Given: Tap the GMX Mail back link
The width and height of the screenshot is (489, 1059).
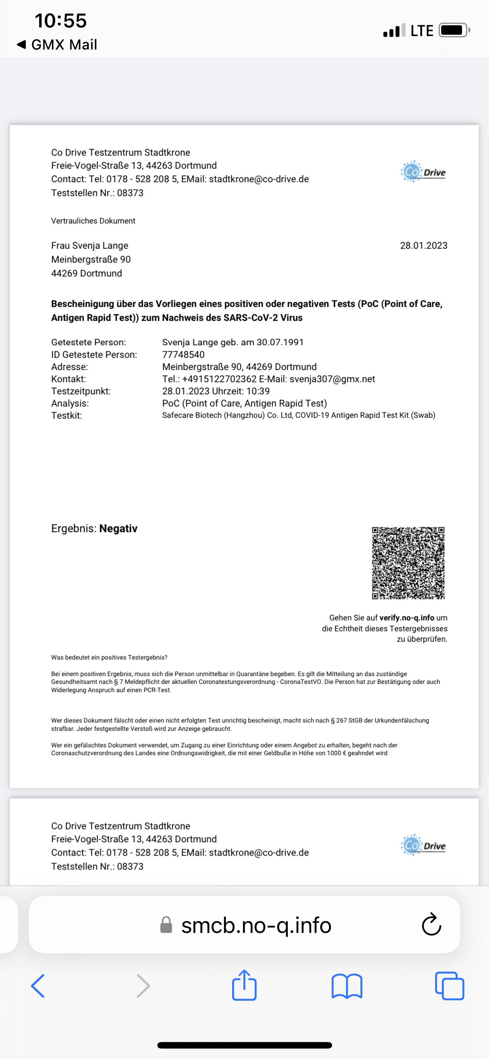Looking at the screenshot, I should (57, 45).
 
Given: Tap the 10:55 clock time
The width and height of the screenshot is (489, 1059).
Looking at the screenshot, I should (61, 20).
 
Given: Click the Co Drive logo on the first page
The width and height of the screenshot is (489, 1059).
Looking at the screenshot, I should (423, 172).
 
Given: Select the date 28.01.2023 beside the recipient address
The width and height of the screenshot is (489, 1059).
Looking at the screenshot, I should (423, 246).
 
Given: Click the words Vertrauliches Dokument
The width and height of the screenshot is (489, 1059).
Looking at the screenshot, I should (93, 221).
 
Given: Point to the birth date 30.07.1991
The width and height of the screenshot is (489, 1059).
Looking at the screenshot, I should (280, 342).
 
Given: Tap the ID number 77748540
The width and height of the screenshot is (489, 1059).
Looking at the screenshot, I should (183, 355).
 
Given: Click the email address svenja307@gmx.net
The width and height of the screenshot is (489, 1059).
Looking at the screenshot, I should (332, 379).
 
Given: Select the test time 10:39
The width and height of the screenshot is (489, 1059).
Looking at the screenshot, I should (258, 391).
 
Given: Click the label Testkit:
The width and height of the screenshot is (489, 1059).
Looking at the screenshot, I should (67, 416).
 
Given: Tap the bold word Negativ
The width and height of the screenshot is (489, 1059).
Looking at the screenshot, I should (118, 529).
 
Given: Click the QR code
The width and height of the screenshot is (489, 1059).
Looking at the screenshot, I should (408, 563).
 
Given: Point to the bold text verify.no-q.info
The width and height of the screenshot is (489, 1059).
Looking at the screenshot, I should (406, 618).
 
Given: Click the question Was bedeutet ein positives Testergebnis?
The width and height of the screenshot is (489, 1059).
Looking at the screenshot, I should (109, 657).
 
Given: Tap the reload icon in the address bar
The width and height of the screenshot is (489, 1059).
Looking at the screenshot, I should (431, 925).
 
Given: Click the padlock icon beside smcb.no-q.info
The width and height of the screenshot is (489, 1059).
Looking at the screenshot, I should (166, 925).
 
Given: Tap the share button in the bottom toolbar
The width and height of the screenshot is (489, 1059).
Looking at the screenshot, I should (244, 986).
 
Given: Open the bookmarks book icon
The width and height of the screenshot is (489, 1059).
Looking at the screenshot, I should (346, 986).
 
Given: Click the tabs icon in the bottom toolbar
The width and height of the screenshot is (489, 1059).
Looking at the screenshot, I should (449, 986).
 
